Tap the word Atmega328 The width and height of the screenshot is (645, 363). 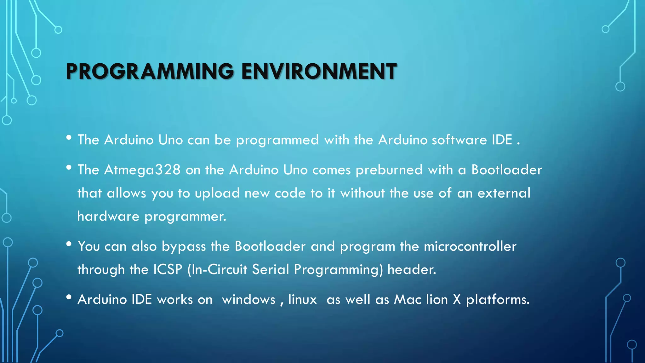142,170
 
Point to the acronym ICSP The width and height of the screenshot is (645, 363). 168,270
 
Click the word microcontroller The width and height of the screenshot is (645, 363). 470,246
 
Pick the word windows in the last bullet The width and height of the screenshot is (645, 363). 249,300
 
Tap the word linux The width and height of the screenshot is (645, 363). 302,300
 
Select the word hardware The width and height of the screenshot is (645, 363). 108,216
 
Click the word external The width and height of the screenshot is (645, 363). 504,193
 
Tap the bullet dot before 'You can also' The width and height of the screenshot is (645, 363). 69,244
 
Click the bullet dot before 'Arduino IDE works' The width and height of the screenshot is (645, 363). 69,297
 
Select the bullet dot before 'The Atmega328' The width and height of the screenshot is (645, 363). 69,168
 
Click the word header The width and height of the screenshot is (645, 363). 412,270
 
